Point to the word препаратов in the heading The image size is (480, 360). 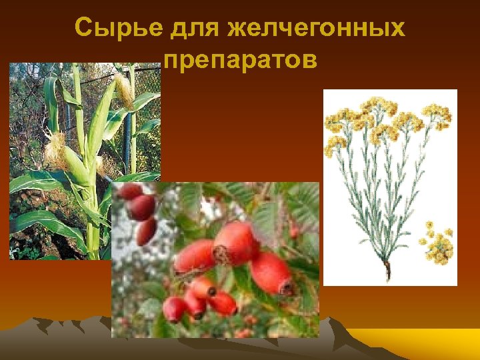(240, 60)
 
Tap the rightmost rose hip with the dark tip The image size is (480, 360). (273, 273)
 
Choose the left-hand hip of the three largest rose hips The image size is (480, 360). (195, 257)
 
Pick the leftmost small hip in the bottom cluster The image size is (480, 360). (175, 309)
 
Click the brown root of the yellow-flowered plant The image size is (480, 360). (387, 271)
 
